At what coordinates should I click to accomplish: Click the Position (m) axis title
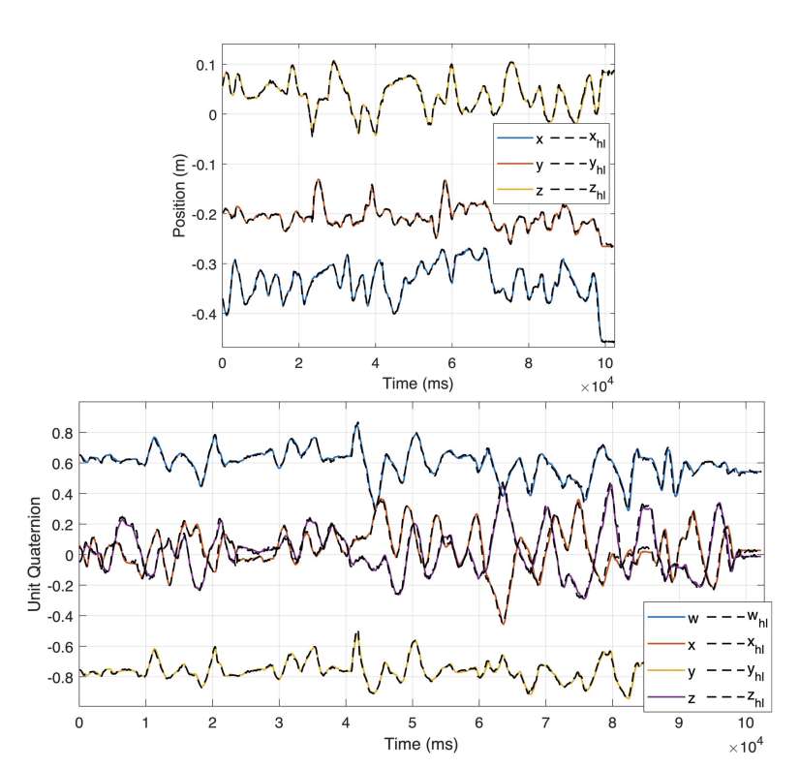[180, 194]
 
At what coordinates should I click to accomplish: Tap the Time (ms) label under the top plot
[417, 384]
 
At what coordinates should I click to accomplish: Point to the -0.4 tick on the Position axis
[202, 315]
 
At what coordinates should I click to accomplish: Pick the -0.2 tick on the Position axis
[202, 215]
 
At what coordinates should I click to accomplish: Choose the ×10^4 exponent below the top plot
[597, 385]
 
